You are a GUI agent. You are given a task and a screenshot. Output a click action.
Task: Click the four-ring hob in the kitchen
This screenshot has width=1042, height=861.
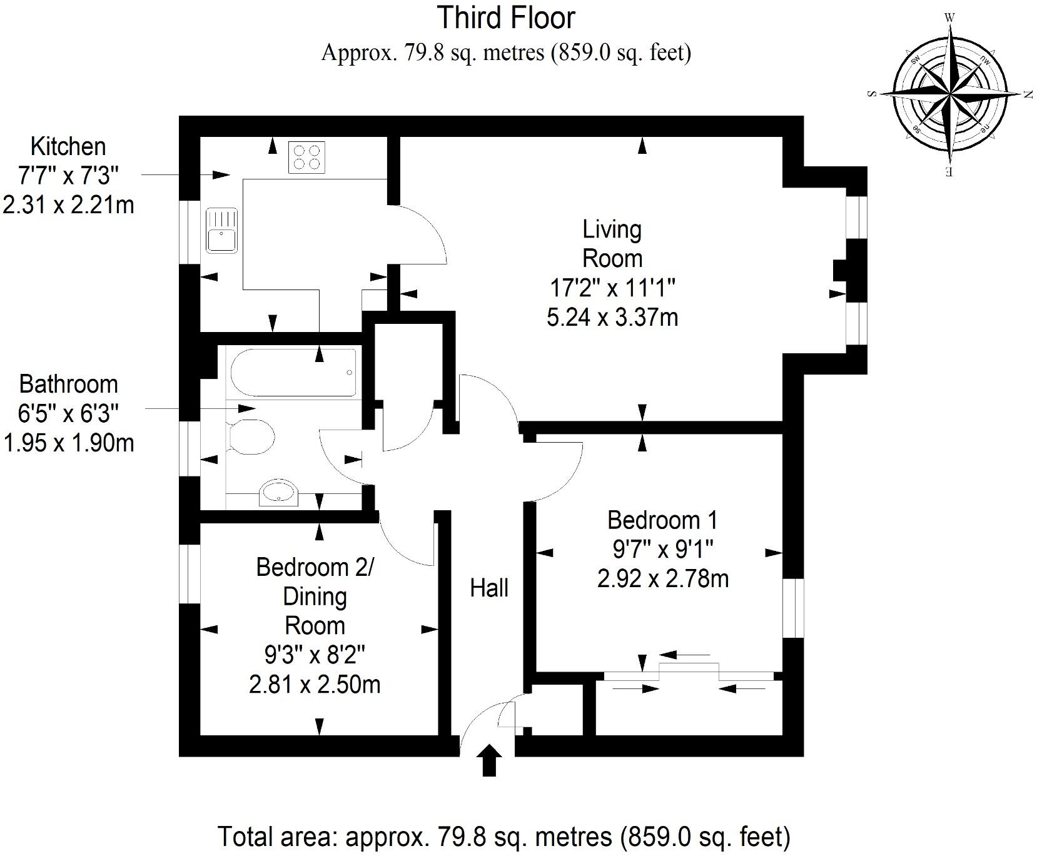pos(306,157)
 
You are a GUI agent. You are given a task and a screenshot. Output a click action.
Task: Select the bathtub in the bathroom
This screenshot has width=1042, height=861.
pos(293,373)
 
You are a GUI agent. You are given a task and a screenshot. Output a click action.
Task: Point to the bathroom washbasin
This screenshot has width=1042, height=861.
pos(278,492)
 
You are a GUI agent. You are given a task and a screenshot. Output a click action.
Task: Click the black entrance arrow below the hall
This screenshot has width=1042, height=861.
pos(488,760)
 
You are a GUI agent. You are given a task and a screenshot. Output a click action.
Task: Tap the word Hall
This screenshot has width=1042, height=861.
pos(489,588)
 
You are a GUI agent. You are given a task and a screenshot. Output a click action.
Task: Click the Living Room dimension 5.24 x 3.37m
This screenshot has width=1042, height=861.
pos(612,318)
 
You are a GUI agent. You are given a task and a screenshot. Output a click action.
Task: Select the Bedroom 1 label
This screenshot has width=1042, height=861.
pos(662,520)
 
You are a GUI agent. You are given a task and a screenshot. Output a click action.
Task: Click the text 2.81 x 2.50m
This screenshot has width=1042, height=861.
pos(315,685)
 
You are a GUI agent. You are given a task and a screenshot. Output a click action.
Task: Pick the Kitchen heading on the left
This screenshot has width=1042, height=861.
pos(68,146)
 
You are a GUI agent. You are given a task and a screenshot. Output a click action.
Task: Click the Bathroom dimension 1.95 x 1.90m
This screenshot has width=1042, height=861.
pos(68,443)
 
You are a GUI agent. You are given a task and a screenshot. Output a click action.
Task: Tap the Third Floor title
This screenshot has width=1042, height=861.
pos(505,18)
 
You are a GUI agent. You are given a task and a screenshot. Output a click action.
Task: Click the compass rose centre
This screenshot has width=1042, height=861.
pos(949,94)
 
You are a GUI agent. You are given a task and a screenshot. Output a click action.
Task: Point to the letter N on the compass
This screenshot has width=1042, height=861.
pos(1027,94)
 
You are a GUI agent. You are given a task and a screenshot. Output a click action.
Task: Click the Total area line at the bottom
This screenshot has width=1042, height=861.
pos(504,836)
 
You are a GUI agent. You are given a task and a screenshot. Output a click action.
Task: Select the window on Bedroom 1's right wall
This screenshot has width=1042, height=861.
pos(793,608)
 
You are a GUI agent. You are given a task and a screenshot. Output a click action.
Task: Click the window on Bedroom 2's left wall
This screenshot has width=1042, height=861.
pos(189,573)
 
